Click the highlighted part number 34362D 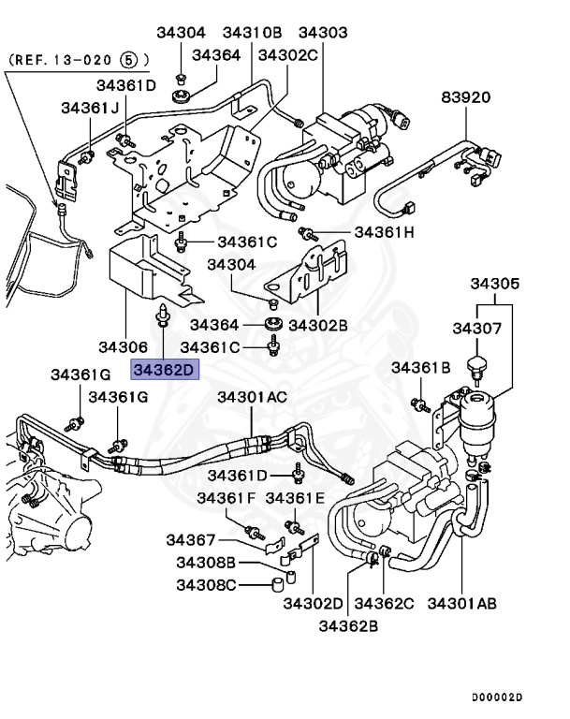click(165, 371)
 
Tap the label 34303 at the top click(322, 33)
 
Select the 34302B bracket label click(318, 325)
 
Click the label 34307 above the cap click(478, 329)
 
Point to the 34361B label click(421, 367)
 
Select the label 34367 click(192, 540)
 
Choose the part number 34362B click(349, 624)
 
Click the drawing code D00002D click(496, 697)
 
